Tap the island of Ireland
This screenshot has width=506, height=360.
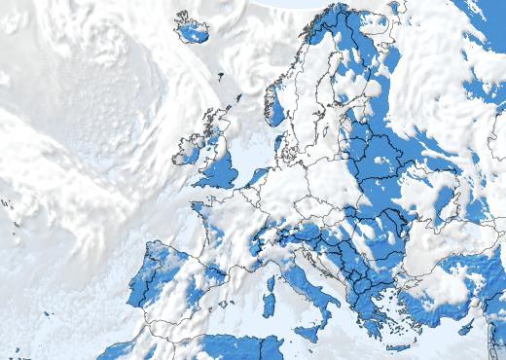coord(190,151)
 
